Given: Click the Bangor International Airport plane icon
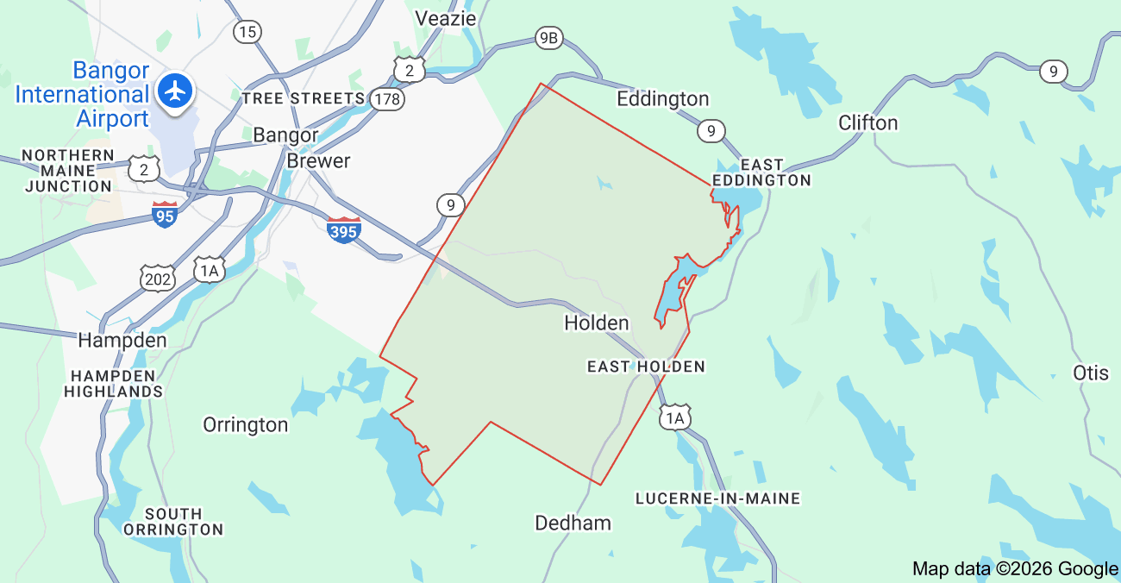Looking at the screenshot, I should coord(176,90).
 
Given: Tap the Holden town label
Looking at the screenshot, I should coord(597,323).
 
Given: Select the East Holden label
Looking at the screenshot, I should coord(646,367).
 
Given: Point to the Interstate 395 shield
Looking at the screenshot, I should coord(344,229).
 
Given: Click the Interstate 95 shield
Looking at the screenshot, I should coord(165,214).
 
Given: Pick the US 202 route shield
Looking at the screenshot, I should coord(158,278).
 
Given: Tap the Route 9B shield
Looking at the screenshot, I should coord(548,37).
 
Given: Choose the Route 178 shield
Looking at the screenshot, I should coord(387,99).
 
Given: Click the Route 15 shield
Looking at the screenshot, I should coord(247,32).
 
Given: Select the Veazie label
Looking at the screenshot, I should coord(446,18).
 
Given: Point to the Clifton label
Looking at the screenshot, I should coord(868,122).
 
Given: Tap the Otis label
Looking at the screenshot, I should coord(1091,373).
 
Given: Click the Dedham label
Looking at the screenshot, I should coord(573,523).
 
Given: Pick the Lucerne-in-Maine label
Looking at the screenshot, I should coord(717,498).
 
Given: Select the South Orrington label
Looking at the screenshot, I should coord(173,522).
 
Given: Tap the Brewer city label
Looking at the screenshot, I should coord(318,161).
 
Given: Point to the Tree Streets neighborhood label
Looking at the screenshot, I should coord(304,98).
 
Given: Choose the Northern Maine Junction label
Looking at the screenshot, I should coord(68,171).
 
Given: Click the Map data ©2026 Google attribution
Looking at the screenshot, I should coord(1015,568).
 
